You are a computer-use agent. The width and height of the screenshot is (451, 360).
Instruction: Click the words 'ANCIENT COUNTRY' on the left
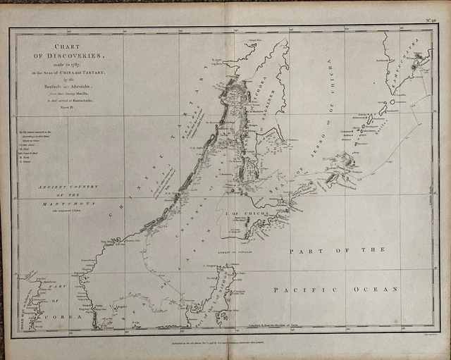68,187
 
